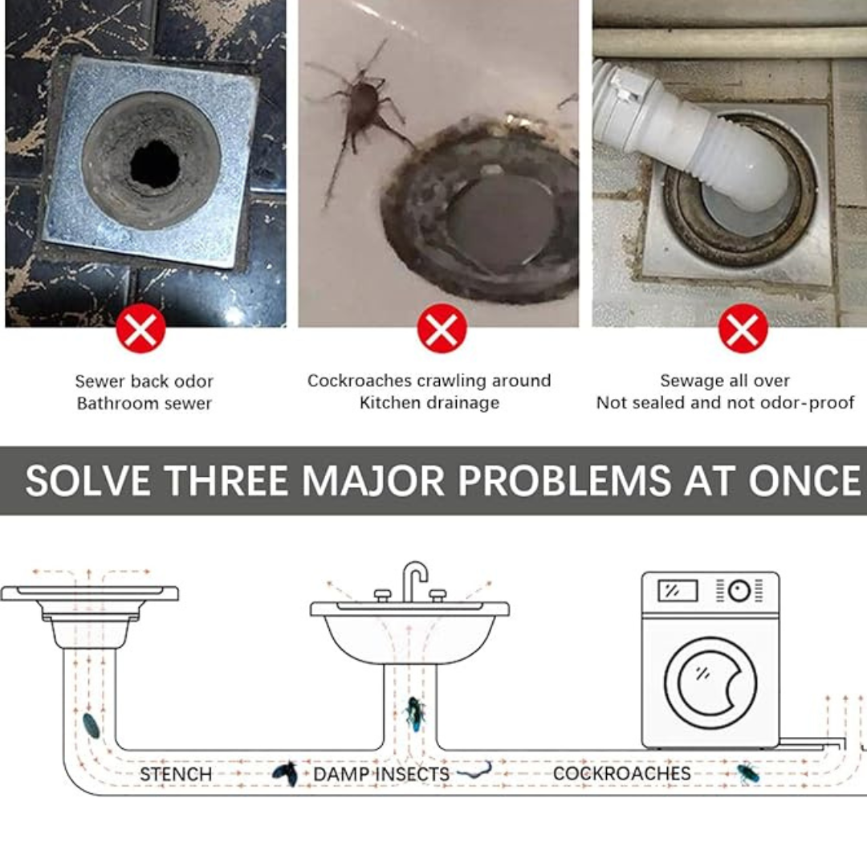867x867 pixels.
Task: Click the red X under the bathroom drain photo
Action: pos(141,328)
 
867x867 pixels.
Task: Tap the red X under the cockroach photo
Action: pos(442,328)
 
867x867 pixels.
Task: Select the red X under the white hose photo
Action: pos(743,328)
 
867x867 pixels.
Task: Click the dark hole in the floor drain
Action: pos(156,165)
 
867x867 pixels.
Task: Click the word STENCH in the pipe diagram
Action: pos(176,774)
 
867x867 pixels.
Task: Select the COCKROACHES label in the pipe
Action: pos(621,773)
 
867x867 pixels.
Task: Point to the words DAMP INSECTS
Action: pos(381,774)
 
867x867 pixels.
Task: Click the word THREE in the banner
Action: pos(226,480)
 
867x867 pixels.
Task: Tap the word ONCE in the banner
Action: pos(804,480)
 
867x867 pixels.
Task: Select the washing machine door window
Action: pos(710,682)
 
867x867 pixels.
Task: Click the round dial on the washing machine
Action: pos(739,591)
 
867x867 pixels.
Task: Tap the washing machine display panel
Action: pos(678,591)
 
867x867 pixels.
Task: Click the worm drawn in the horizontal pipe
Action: pos(474,770)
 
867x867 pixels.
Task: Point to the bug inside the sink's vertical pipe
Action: pos(415,714)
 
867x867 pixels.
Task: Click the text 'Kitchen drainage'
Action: pos(429,402)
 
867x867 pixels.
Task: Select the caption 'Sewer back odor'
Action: pos(144,381)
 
